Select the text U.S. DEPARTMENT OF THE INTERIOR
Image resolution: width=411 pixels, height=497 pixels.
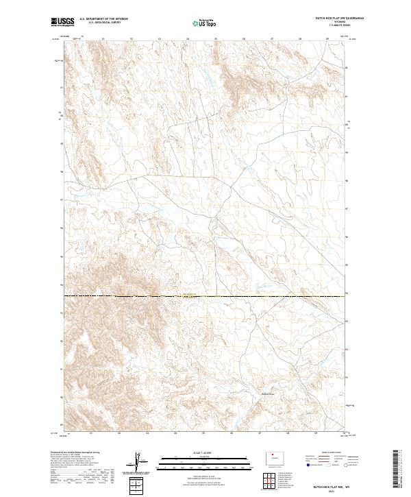click(103, 19)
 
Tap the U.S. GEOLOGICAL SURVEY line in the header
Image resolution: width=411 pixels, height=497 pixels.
click(103, 23)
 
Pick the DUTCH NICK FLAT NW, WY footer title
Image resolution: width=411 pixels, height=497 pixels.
click(329, 485)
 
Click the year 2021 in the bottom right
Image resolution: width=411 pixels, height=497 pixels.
click(329, 491)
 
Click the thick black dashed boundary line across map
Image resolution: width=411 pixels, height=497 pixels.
click(274, 296)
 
